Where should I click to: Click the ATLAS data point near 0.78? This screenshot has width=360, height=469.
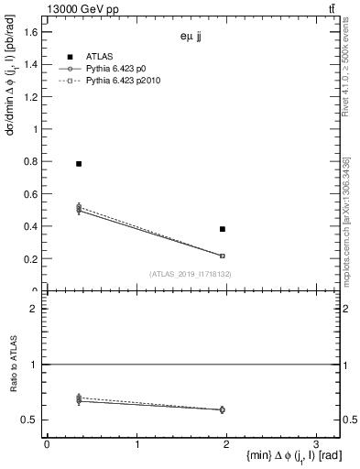pos(79,164)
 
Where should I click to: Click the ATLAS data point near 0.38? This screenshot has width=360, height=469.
pos(223,229)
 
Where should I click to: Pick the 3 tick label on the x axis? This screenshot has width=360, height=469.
pos(315,445)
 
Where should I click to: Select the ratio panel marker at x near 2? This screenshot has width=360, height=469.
pos(223,409)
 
